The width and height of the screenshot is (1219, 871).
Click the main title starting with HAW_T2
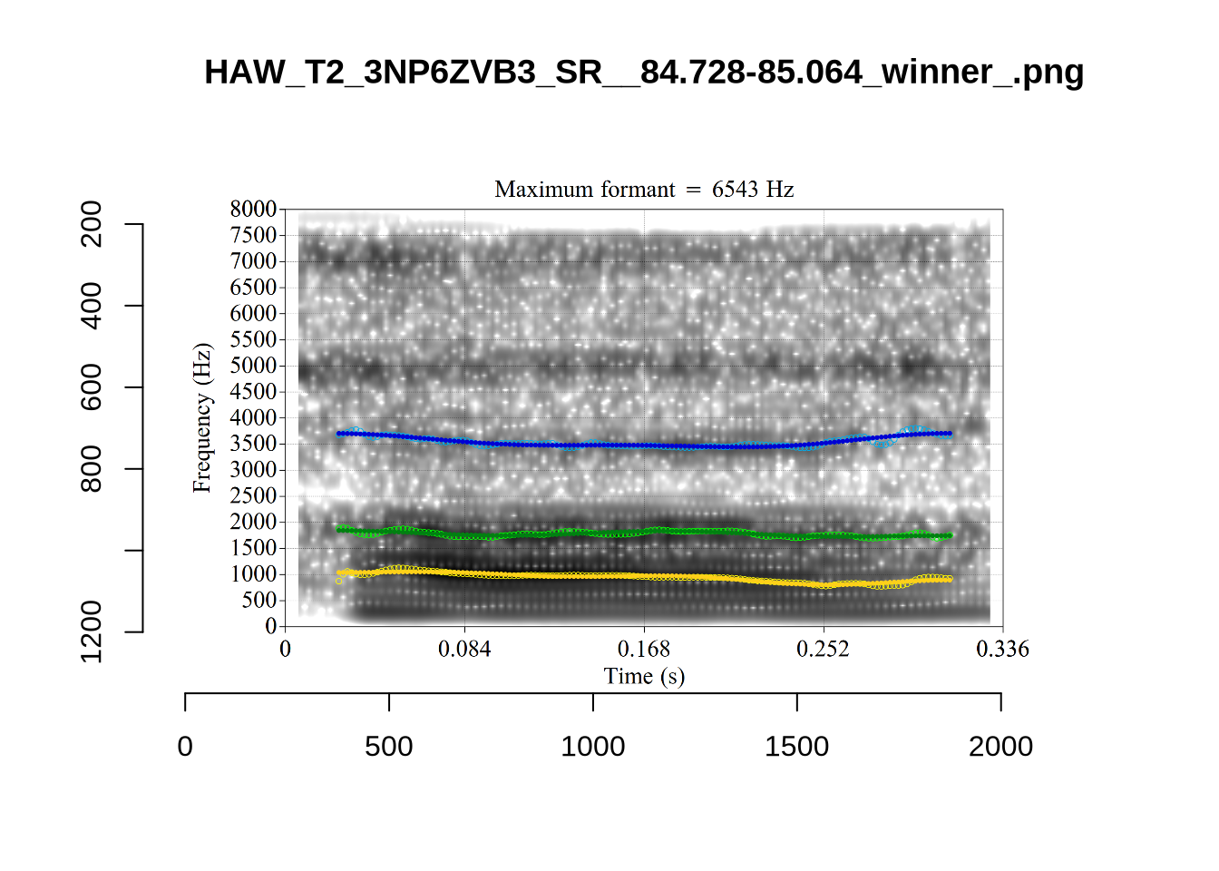(643, 72)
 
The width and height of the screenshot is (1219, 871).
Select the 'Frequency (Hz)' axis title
(201, 417)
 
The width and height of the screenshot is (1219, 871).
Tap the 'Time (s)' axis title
(644, 676)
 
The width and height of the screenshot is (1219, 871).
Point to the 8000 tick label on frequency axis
(253, 210)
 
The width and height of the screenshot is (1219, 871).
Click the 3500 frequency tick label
(253, 444)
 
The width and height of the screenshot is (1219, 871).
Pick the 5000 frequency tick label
(253, 366)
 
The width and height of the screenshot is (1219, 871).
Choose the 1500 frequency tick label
(253, 548)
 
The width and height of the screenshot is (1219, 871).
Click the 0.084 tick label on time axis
(464, 649)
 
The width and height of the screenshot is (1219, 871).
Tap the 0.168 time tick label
(644, 649)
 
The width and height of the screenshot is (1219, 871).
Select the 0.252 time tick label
(823, 649)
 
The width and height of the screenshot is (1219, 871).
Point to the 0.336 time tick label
(1002, 649)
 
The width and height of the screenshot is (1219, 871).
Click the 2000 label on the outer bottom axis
(1000, 747)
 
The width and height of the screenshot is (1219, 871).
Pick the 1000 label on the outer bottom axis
(592, 747)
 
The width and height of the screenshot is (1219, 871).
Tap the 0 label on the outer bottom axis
(185, 747)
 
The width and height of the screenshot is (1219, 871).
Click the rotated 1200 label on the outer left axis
(92, 631)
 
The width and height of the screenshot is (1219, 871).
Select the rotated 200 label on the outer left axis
(92, 224)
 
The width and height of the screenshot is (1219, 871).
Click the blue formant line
(644, 445)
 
